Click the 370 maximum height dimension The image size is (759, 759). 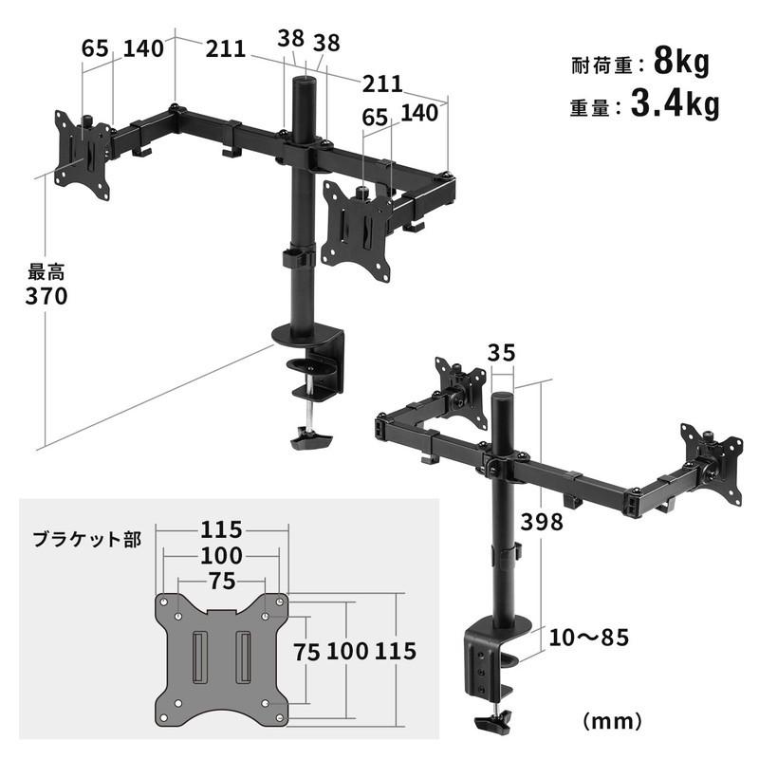click(46, 296)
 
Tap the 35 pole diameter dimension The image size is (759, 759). click(502, 353)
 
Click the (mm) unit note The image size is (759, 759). click(617, 719)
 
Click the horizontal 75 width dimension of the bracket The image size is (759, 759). click(222, 579)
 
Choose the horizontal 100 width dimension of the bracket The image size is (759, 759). click(222, 555)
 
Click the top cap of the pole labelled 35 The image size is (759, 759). click(502, 395)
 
